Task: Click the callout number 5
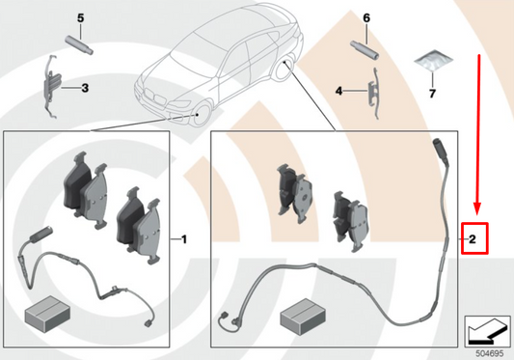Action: pos(81,18)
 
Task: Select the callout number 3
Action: pos(84,89)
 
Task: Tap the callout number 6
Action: pos(366,18)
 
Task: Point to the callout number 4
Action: pos(339,91)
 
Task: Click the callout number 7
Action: pos(432,94)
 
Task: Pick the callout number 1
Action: pos(183,236)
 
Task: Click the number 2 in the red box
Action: pos(473,237)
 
